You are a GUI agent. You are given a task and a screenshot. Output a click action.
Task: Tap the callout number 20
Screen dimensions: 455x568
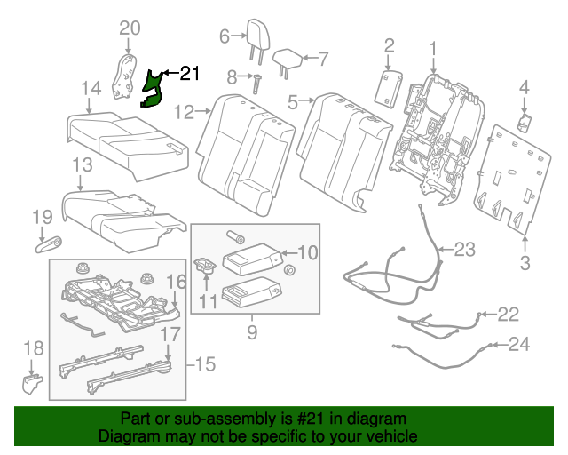(130, 29)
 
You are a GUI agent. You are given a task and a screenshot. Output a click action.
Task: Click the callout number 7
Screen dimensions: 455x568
(322, 59)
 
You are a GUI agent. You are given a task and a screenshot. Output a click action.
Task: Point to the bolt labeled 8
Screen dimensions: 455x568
(256, 85)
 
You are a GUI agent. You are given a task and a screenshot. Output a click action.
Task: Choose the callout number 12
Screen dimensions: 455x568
(184, 112)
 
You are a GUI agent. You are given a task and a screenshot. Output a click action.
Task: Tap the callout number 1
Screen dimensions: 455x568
(433, 47)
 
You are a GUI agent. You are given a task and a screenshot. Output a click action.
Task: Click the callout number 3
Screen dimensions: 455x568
(525, 262)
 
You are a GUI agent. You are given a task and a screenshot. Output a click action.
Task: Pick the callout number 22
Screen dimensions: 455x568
(507, 313)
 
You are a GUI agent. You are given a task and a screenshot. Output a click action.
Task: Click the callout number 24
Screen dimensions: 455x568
(519, 344)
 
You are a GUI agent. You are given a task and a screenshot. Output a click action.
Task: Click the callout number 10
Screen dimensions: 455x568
(306, 251)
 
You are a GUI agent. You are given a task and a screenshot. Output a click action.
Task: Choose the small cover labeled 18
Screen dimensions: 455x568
(31, 383)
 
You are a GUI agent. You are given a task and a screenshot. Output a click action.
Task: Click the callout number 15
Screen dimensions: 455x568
(205, 363)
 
